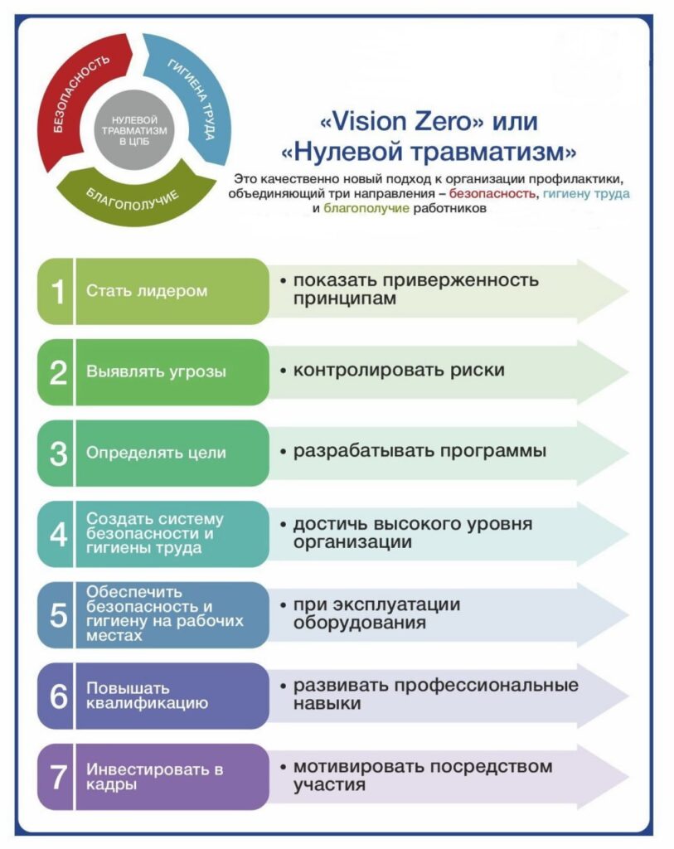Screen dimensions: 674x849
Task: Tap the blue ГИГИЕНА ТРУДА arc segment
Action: [196, 98]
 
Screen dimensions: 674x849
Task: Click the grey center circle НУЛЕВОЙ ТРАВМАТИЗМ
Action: [134, 130]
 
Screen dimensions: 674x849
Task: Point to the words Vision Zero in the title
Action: [402, 121]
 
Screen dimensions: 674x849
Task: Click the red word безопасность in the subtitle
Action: [492, 193]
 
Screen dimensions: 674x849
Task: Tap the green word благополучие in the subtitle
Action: [366, 208]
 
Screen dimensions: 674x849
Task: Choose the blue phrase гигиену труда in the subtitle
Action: [586, 193]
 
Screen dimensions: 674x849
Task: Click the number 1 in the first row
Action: [57, 292]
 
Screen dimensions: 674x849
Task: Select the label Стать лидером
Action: [147, 291]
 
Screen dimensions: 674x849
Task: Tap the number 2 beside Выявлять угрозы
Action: [58, 372]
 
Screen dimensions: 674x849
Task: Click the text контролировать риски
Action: [399, 371]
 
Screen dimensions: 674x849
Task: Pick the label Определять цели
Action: [156, 453]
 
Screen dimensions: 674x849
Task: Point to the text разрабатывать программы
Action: [419, 451]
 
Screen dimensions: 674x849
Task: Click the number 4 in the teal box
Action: [58, 535]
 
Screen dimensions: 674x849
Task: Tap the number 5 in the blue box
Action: [58, 615]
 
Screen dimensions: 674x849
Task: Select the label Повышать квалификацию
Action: [148, 696]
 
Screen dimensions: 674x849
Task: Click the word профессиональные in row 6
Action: [486, 686]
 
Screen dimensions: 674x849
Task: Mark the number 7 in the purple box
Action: [58, 777]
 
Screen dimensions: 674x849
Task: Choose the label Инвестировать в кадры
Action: [154, 777]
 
